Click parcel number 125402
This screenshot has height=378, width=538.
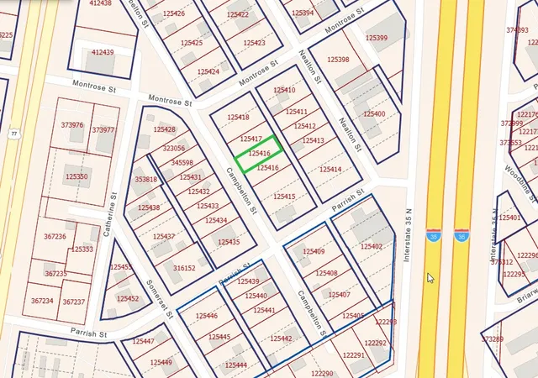pos(372,246)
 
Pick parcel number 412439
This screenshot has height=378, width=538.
pos(101,52)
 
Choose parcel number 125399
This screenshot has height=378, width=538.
pos(377,38)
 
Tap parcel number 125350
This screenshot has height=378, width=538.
pos(76,176)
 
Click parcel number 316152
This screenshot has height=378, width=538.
pos(184,268)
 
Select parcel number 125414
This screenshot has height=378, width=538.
pos(330,170)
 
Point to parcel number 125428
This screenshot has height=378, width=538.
pos(165,129)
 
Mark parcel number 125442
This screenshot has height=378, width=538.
pos(281,339)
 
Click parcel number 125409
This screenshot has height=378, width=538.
pos(314,252)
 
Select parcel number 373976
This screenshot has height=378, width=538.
pos(72,125)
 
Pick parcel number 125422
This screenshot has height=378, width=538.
pos(238,15)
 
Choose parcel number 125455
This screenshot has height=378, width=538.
pos(121,267)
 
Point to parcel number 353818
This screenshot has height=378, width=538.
pos(146,179)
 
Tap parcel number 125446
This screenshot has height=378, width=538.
pos(206,316)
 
